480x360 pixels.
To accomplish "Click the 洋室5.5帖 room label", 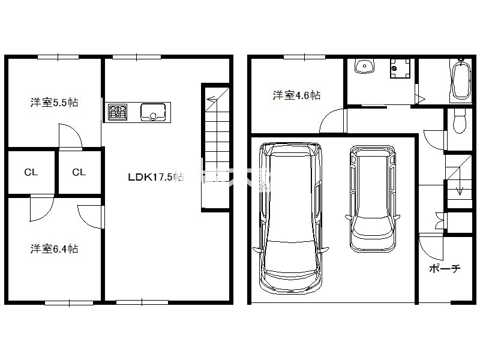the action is click(x=54, y=102).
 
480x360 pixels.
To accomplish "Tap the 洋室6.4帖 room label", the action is click(x=54, y=248).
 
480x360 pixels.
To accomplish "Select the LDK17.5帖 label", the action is click(x=155, y=177).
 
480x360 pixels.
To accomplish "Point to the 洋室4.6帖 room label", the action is click(x=296, y=95).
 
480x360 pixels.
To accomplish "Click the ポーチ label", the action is click(x=445, y=268).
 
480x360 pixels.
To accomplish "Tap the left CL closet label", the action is click(x=31, y=172).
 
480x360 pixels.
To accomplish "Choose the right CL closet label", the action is click(x=79, y=172).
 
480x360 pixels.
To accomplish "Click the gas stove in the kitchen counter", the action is click(x=118, y=112).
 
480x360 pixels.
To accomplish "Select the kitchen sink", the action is click(x=153, y=112).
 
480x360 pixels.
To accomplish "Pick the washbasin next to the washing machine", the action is click(x=365, y=66).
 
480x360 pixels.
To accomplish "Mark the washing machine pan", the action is click(x=400, y=68).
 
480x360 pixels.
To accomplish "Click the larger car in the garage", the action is click(x=290, y=218).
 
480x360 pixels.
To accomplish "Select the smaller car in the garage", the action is click(x=373, y=199).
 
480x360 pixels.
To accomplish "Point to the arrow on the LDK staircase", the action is click(x=211, y=99).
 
